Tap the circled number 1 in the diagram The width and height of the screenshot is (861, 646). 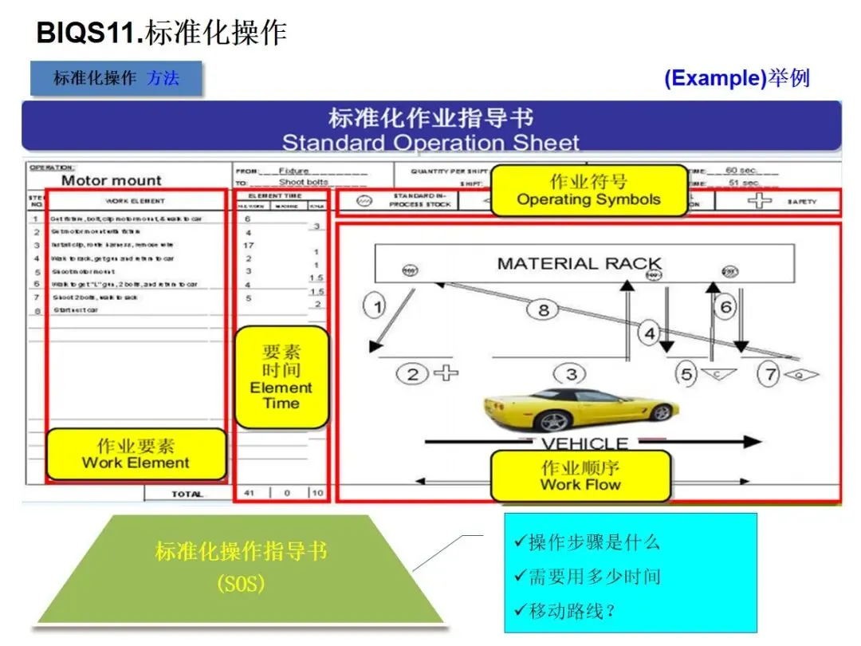pos(375,304)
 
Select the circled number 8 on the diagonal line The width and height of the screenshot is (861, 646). pos(544,310)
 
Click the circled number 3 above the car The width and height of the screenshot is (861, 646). pos(571,373)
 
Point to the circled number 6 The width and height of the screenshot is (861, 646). pos(725,307)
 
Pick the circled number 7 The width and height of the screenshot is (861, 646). pos(768,374)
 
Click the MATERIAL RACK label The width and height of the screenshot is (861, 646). pos(580,263)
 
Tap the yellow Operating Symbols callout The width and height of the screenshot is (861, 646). pos(588,191)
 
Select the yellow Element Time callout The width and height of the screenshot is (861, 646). pos(281,377)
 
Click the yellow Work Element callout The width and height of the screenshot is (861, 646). pos(136,454)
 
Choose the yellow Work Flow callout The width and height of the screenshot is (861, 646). pos(580,475)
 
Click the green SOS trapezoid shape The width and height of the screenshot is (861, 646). pos(241,568)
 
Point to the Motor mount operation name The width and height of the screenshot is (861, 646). pos(112,180)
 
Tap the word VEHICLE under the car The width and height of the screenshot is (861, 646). pos(584,443)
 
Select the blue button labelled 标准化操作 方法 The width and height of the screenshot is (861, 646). pos(116,78)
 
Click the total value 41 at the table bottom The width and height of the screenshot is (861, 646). pos(250,493)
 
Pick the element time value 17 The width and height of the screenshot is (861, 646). pos(249,245)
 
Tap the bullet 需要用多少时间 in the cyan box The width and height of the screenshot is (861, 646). pos(588,577)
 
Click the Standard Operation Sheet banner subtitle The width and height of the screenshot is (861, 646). pos(431,143)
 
